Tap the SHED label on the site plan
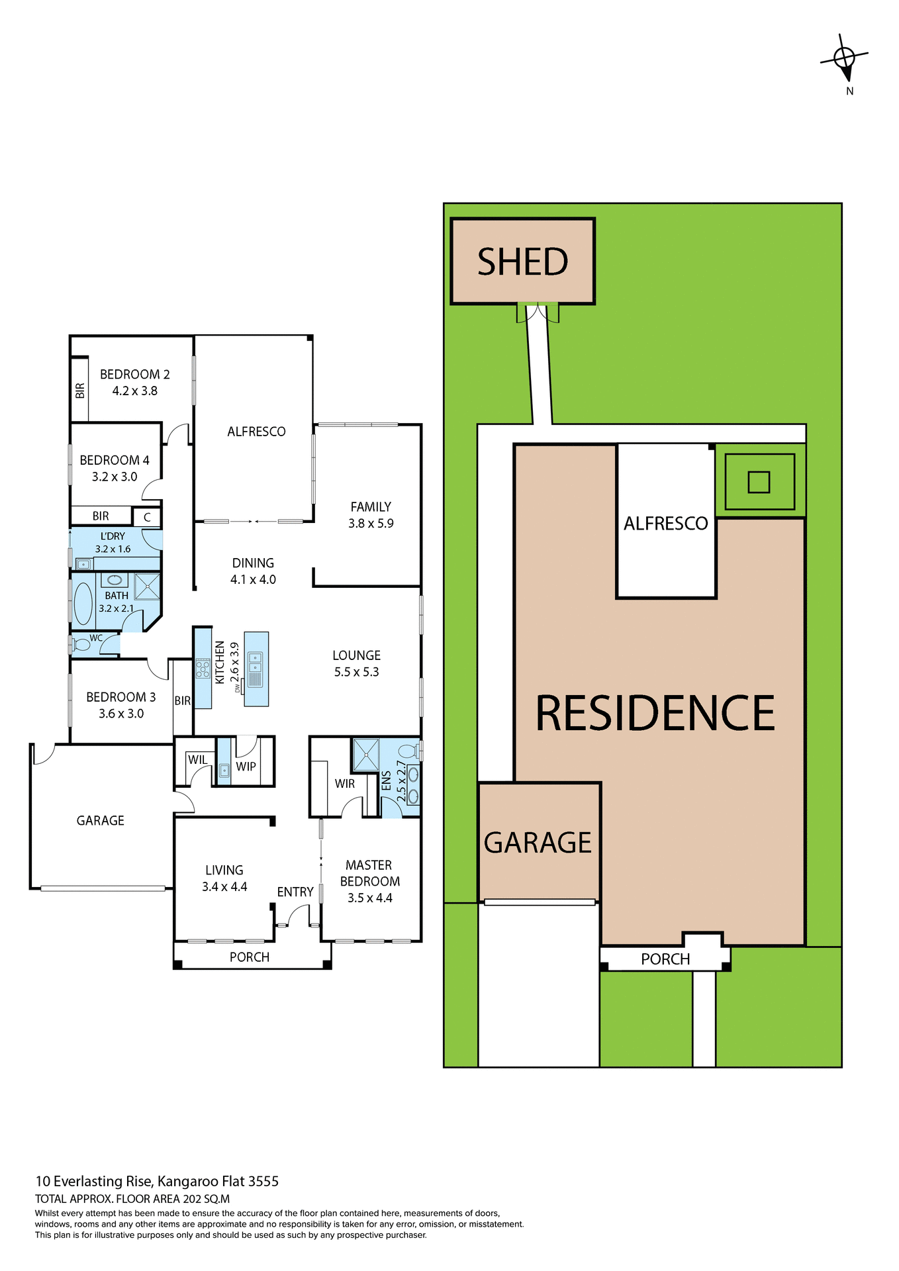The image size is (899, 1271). click(522, 261)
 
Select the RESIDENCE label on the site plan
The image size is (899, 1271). click(655, 714)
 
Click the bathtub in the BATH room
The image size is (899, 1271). click(83, 603)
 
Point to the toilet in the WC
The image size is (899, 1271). click(81, 643)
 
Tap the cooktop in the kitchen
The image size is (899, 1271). click(203, 667)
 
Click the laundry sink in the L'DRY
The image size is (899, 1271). click(83, 564)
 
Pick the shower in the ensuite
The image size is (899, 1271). click(365, 755)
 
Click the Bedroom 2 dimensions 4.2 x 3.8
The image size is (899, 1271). click(134, 391)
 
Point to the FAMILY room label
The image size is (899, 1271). click(371, 507)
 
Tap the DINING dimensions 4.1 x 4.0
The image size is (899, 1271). click(253, 580)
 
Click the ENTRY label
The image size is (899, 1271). click(295, 892)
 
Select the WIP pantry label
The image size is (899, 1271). click(246, 767)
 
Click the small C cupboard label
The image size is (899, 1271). click(147, 518)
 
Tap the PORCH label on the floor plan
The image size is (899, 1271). click(250, 957)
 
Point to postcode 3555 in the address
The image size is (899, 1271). click(263, 1182)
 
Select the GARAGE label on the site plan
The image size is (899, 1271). click(538, 843)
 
